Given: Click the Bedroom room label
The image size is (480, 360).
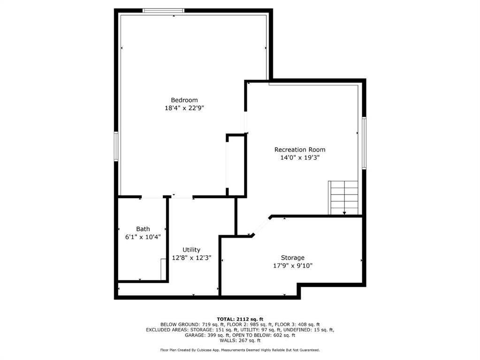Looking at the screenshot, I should pyautogui.click(x=184, y=100).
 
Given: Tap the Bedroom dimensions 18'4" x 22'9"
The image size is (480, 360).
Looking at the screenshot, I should pyautogui.click(x=184, y=108).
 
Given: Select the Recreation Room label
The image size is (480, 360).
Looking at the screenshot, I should pyautogui.click(x=299, y=150).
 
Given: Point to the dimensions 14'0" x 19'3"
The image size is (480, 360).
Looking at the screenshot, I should pyautogui.click(x=299, y=158).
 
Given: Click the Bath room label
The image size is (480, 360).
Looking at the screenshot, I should pyautogui.click(x=143, y=229).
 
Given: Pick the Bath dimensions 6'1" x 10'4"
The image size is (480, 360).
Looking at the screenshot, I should pyautogui.click(x=143, y=237).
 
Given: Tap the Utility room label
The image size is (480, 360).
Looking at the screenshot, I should pyautogui.click(x=191, y=250).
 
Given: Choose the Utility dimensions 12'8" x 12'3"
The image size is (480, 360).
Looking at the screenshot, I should pyautogui.click(x=191, y=258).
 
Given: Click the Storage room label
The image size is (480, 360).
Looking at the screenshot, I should pyautogui.click(x=293, y=258).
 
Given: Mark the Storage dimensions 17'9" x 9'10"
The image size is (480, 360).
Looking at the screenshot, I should pyautogui.click(x=293, y=266).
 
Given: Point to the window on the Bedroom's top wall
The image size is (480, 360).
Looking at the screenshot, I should pyautogui.click(x=163, y=11).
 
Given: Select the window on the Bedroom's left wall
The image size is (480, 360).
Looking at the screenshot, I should pyautogui.click(x=116, y=147).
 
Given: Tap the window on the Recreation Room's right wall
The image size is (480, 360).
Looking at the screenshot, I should pyautogui.click(x=364, y=143).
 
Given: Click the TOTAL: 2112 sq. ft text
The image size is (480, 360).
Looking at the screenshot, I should pyautogui.click(x=240, y=319).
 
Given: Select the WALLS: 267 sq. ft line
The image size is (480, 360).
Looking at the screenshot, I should pyautogui.click(x=240, y=341).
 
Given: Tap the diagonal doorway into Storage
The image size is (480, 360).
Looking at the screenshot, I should pyautogui.click(x=261, y=226).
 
